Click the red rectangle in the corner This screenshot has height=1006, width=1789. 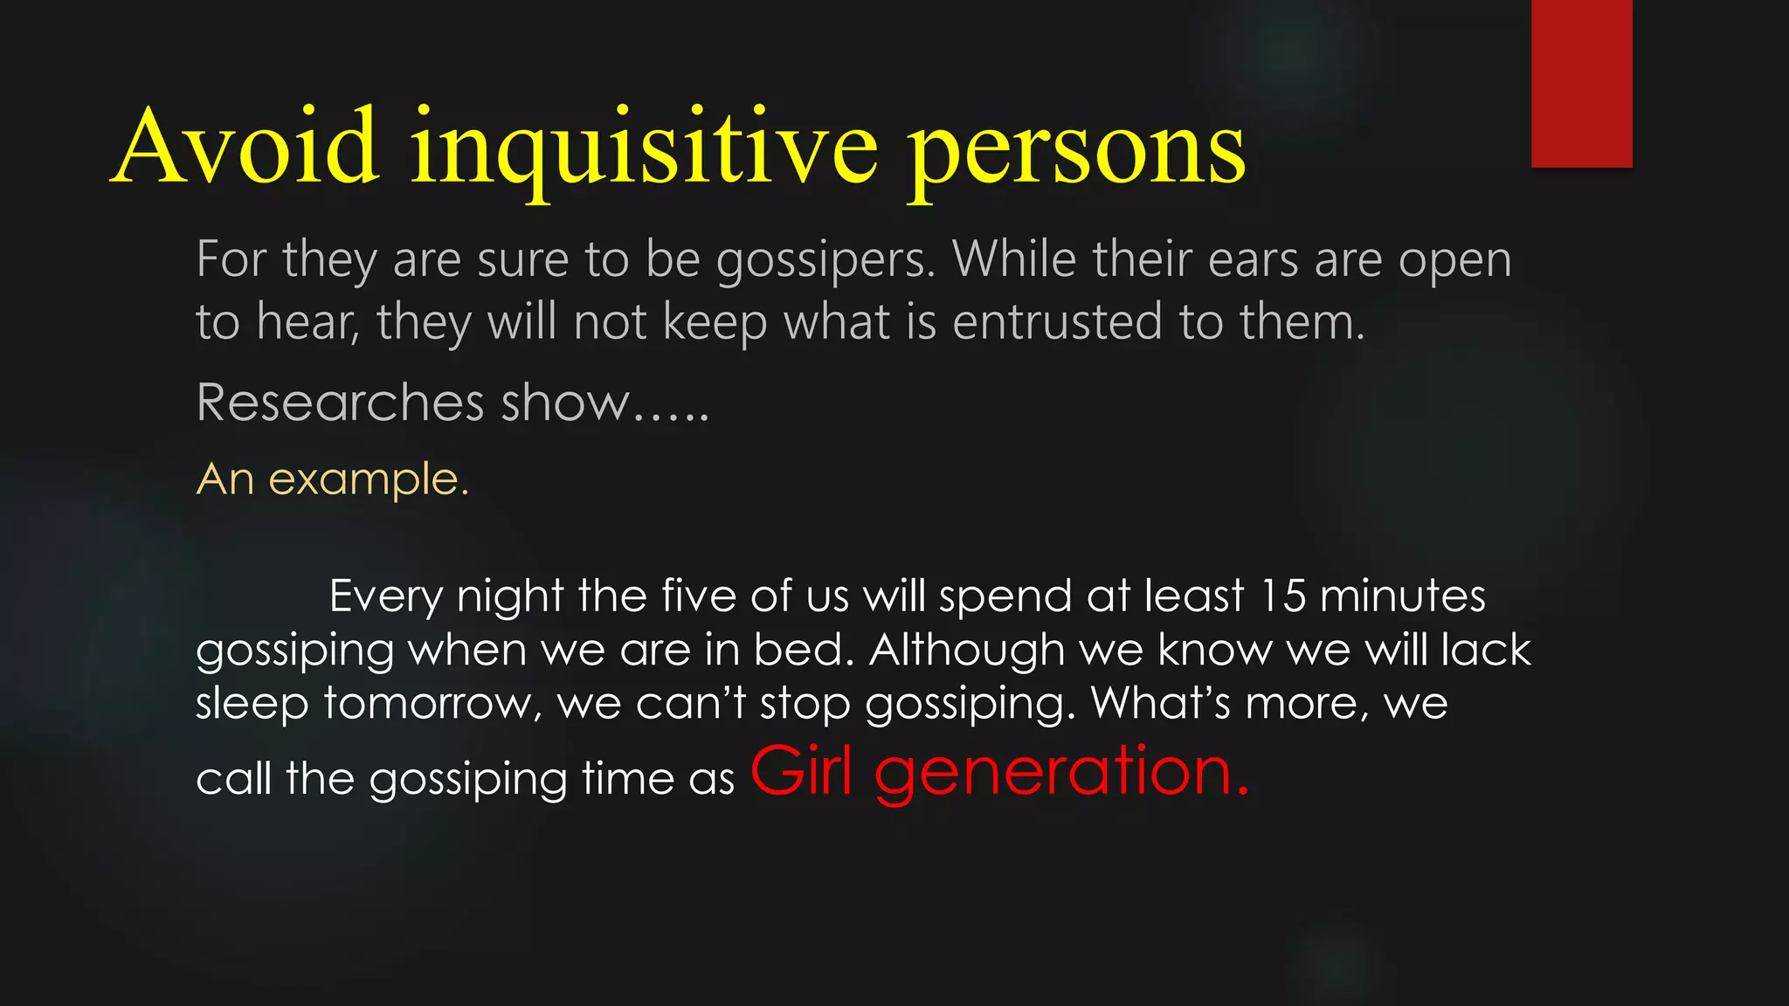[x=1581, y=83]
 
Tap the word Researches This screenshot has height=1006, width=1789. [x=341, y=403]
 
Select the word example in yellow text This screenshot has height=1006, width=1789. [x=368, y=479]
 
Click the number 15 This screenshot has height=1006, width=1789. [x=1283, y=596]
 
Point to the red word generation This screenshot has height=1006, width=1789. [x=1061, y=773]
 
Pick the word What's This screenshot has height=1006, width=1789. [x=1161, y=703]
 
